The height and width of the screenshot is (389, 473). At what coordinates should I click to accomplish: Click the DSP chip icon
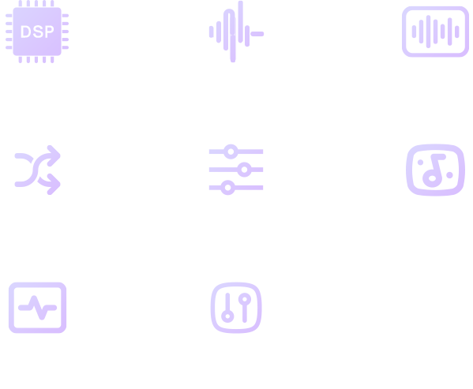37,32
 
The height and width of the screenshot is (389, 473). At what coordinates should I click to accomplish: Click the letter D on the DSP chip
25,32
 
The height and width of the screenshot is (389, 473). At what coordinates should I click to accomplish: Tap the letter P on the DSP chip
49,32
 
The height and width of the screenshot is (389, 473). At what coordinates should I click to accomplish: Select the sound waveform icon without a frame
237,32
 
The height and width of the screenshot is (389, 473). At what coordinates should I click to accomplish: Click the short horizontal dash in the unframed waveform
257,34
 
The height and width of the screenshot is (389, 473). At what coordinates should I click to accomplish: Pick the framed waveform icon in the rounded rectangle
435,32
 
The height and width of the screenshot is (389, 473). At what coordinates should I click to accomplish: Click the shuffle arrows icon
38,170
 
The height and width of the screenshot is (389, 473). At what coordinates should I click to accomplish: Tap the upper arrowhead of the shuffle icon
54,155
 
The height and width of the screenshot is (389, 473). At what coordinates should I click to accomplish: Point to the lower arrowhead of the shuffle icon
54,184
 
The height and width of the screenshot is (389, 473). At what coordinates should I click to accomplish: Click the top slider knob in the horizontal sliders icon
231,151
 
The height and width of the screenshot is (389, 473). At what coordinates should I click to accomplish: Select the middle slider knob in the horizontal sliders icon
244,170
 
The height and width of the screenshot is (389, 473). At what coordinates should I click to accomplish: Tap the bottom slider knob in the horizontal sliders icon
227,188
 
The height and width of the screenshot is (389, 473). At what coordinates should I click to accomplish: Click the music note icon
435,170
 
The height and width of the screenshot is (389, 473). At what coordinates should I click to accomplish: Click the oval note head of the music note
432,178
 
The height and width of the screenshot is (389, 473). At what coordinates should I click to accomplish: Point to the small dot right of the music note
449,175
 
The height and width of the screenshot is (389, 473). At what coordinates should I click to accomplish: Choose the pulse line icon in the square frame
37,308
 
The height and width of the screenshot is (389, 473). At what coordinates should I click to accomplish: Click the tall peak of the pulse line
34,298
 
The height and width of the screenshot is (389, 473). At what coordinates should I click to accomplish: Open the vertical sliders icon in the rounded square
236,308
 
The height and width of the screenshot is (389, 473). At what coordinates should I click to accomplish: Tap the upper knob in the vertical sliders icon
245,300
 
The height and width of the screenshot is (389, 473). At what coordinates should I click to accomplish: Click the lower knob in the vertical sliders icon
227,316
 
